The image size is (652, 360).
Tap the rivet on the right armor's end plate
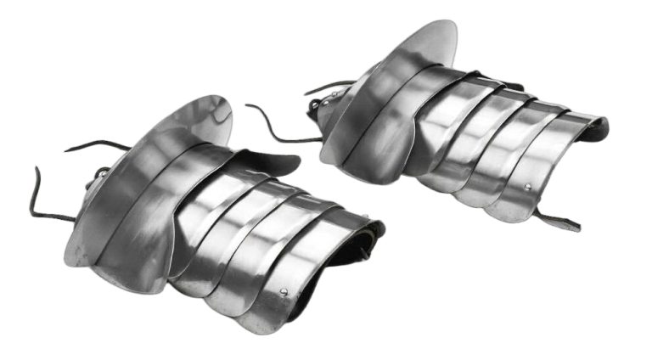pyautogui.click(x=528, y=187)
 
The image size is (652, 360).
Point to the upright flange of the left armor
pyautogui.click(x=204, y=119)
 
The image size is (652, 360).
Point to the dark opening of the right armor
pyautogui.click(x=599, y=129)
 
